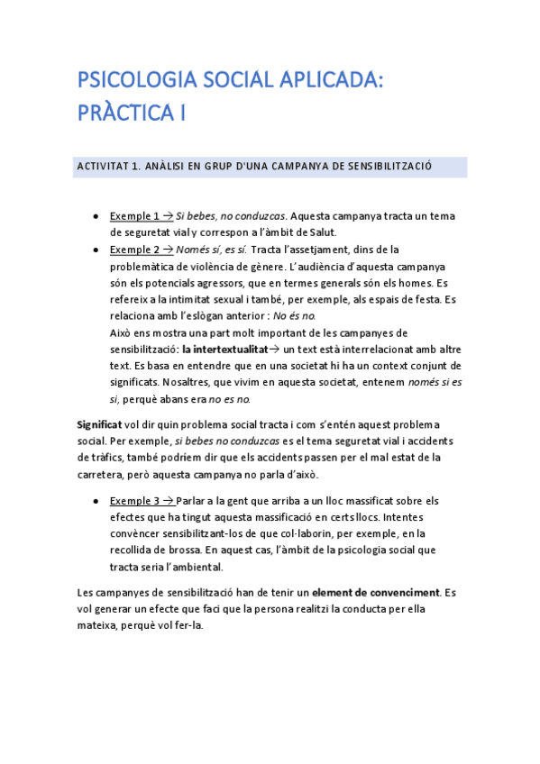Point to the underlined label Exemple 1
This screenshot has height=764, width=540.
tap(134, 216)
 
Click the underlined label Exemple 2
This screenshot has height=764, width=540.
tap(134, 250)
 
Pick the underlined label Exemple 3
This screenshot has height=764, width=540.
tap(134, 501)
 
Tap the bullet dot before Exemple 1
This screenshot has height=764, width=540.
tap(96, 217)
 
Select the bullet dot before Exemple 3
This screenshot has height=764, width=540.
tap(96, 502)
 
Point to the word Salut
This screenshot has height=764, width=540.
tap(317, 232)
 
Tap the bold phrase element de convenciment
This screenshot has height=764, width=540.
tap(375, 592)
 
